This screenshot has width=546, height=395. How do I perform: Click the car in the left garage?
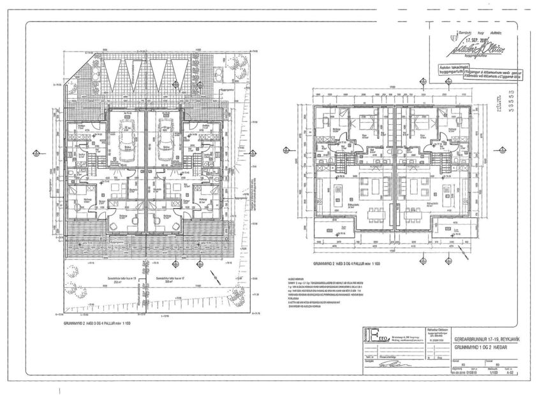tap(127, 136)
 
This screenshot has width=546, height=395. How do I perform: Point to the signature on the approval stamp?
tap(471, 48)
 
